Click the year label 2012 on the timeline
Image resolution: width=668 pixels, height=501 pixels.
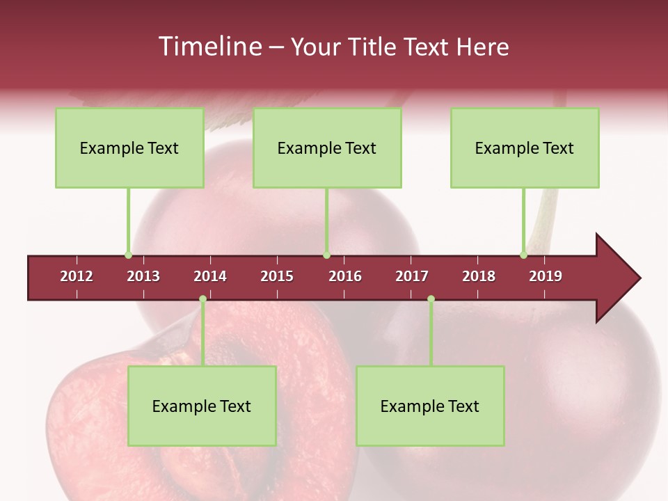pyautogui.click(x=77, y=276)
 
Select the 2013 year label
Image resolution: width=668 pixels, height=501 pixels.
pyautogui.click(x=143, y=276)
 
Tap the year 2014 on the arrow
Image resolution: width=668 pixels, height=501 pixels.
pyautogui.click(x=210, y=276)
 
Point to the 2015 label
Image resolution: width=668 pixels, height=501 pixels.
pyautogui.click(x=277, y=276)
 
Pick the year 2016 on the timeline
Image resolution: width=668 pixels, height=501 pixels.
pyautogui.click(x=345, y=276)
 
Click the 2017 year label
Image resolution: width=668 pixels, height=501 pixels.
pyautogui.click(x=412, y=276)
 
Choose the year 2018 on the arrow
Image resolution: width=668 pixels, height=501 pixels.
pyautogui.click(x=479, y=276)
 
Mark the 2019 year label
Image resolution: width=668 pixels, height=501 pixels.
pyautogui.click(x=546, y=276)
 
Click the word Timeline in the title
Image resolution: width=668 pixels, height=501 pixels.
pyautogui.click(x=209, y=47)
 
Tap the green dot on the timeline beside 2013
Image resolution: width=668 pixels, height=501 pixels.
pyautogui.click(x=128, y=255)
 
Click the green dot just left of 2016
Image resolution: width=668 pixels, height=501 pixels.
pyautogui.click(x=326, y=255)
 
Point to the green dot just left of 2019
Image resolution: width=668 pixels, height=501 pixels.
pyautogui.click(x=523, y=255)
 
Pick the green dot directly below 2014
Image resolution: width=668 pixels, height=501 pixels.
pyautogui.click(x=202, y=299)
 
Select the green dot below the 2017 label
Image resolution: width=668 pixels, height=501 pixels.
pyautogui.click(x=431, y=299)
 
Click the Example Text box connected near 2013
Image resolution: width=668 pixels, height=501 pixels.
pyautogui.click(x=129, y=148)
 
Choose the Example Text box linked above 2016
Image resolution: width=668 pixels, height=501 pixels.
pyautogui.click(x=327, y=148)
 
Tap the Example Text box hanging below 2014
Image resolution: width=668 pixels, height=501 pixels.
pyautogui.click(x=202, y=406)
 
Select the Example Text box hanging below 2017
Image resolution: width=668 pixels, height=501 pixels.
pyautogui.click(x=430, y=406)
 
